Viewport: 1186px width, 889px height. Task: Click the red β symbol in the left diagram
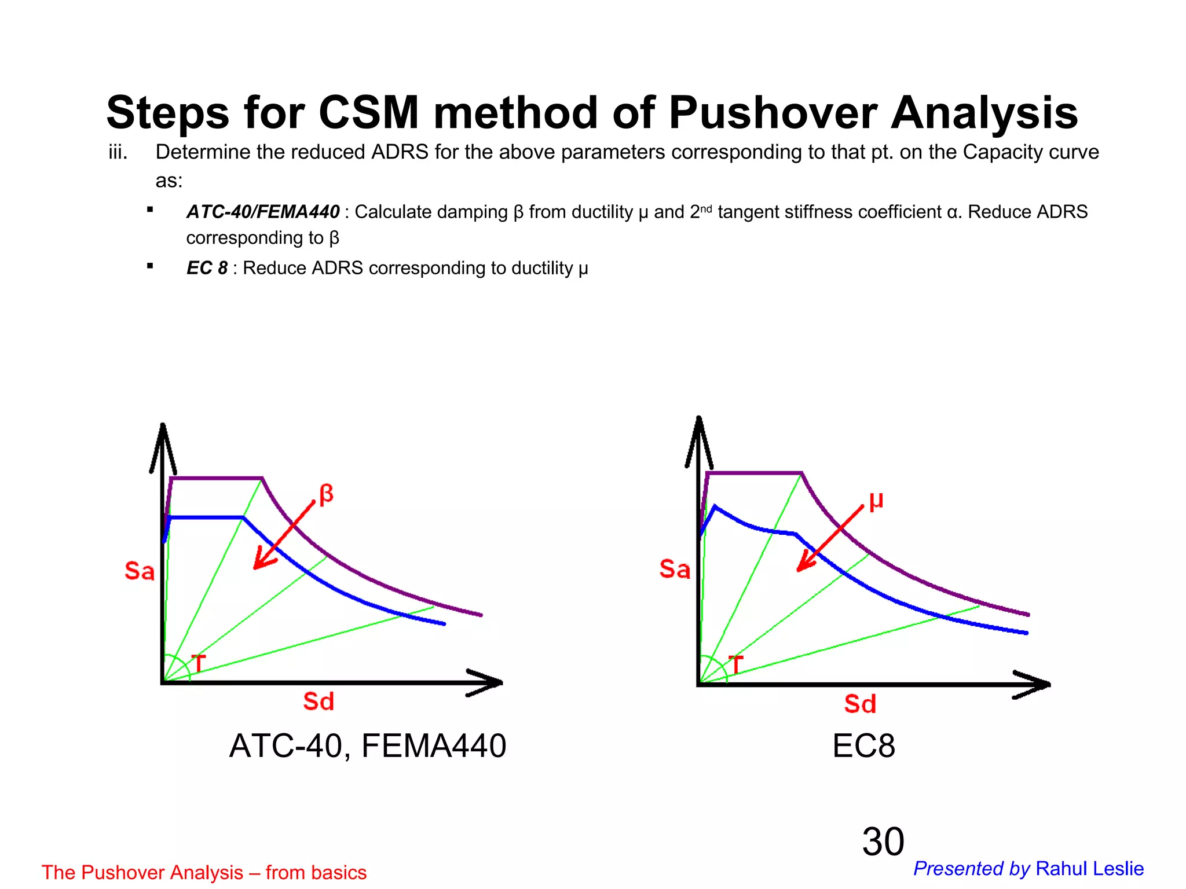click(x=326, y=494)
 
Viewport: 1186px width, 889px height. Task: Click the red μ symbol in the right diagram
click(x=876, y=500)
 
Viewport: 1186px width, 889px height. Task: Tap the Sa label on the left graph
click(x=140, y=571)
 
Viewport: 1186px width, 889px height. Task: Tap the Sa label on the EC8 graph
click(x=675, y=570)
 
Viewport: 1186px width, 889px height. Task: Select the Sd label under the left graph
click(x=319, y=701)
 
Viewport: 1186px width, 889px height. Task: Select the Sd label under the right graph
click(x=860, y=704)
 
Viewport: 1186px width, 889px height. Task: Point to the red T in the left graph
click(x=198, y=663)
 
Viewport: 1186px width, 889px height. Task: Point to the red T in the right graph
click(x=735, y=665)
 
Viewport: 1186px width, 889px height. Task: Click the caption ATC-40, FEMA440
click(x=368, y=745)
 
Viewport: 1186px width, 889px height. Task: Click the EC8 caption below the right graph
click(x=863, y=746)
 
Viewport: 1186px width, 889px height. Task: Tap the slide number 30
click(x=883, y=842)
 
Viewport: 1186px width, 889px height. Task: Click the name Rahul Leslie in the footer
click(x=1089, y=869)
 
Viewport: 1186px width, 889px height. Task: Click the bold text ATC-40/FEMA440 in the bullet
click(x=263, y=212)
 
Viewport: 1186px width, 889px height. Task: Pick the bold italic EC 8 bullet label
click(x=207, y=269)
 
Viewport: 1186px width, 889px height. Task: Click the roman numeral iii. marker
click(x=118, y=153)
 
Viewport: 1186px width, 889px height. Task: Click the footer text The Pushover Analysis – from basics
click(x=204, y=872)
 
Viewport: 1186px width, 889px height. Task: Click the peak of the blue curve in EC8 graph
click(x=715, y=506)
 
